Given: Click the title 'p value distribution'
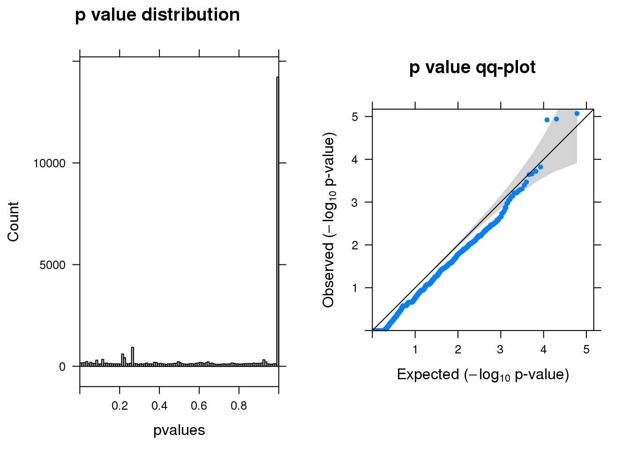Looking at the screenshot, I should (x=157, y=15).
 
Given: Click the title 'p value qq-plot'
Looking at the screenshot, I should (x=472, y=67).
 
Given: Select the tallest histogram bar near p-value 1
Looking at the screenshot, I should (x=277, y=220).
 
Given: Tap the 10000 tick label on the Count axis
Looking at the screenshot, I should (x=49, y=163).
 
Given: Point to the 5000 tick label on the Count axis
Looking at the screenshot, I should (x=52, y=265).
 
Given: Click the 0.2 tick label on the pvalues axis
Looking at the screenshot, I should (x=120, y=405).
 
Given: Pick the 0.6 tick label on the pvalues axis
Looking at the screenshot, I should (x=199, y=405).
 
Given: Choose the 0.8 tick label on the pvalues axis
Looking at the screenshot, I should (x=239, y=405).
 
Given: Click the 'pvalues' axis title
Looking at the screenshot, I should (x=179, y=430).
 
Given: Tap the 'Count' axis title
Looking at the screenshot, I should (x=13, y=222).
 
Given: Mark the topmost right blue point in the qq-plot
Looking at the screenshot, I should (x=577, y=113).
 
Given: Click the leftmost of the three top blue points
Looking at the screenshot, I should (x=547, y=120).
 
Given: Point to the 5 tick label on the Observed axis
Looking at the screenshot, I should (x=355, y=116).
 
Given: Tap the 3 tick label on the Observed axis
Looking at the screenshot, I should (x=355, y=202).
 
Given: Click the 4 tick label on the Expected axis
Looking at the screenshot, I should (x=543, y=350).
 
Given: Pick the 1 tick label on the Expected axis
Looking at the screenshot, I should (x=415, y=350).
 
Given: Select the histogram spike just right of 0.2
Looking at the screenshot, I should (x=133, y=356).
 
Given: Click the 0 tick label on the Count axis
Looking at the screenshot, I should (x=62, y=367).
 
